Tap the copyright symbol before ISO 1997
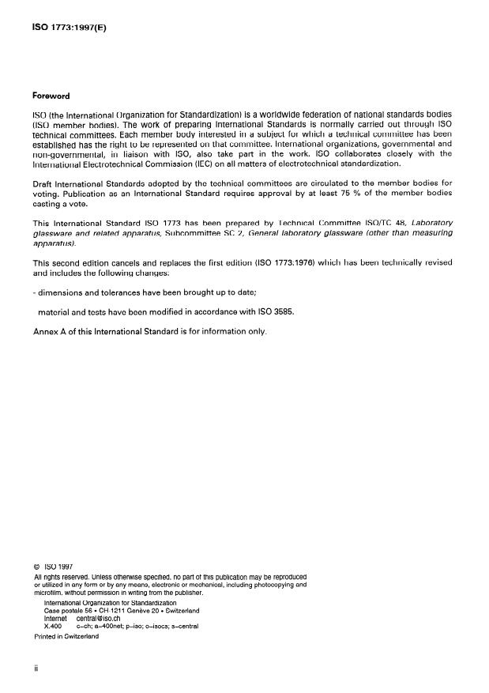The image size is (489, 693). [37, 566]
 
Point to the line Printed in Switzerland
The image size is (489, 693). [66, 636]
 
